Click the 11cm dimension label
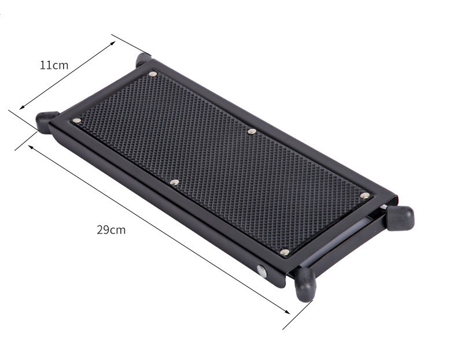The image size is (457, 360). click(x=54, y=65)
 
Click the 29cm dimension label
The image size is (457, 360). click(x=111, y=230)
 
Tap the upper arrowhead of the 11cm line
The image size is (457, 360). click(x=112, y=43)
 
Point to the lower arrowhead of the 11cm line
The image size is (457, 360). click(x=22, y=107)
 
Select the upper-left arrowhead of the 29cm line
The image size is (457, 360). click(x=31, y=147)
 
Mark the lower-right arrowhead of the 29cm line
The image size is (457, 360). click(x=288, y=312)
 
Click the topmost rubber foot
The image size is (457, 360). click(x=143, y=58)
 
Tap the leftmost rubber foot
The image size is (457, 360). click(x=46, y=121)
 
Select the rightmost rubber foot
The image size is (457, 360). click(x=400, y=218)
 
